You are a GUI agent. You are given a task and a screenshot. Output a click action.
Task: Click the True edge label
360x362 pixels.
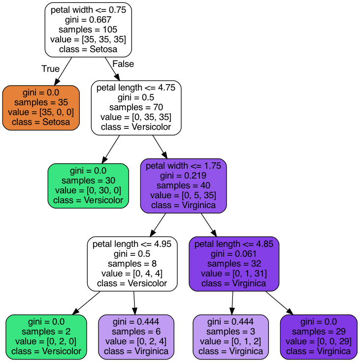coord(50,68)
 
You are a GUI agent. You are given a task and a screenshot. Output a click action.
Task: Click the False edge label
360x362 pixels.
coord(123,64)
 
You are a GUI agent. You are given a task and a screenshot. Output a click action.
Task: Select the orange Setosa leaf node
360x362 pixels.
coord(41,108)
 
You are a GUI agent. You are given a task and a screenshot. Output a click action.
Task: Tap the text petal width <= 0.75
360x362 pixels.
coord(88,10)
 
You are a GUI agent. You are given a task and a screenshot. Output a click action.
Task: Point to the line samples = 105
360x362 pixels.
coord(88,30)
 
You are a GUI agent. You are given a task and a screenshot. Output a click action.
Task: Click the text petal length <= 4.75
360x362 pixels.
coord(136,88)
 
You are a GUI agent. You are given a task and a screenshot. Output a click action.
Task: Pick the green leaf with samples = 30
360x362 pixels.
coord(88,186)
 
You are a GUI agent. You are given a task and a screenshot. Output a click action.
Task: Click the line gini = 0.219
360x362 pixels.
coord(183,176)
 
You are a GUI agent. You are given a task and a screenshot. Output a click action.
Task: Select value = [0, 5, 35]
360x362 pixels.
coord(183,195)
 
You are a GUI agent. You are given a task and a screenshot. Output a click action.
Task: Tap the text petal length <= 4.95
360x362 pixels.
coord(132,244)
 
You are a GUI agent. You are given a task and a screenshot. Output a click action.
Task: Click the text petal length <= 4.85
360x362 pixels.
coord(234,244)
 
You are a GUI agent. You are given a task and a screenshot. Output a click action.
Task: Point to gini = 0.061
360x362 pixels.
coord(234,254)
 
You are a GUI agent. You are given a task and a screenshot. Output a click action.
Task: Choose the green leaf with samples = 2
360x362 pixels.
coord(46,337)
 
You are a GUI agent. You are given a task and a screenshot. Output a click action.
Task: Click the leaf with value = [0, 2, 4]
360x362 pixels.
coord(136,337)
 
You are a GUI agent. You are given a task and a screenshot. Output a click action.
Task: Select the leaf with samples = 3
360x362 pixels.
coord(230,337)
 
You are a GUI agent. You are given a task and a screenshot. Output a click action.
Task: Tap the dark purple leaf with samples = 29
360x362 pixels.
coord(319,337)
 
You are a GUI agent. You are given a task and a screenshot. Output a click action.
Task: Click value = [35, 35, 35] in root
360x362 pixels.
coord(88,39)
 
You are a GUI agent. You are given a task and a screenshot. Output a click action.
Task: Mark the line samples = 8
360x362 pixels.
coord(132,264)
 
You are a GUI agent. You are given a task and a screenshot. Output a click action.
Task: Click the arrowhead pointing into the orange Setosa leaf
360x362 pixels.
coord(57,82)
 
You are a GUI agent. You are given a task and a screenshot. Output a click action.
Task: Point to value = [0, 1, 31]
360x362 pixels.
coord(234,273)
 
